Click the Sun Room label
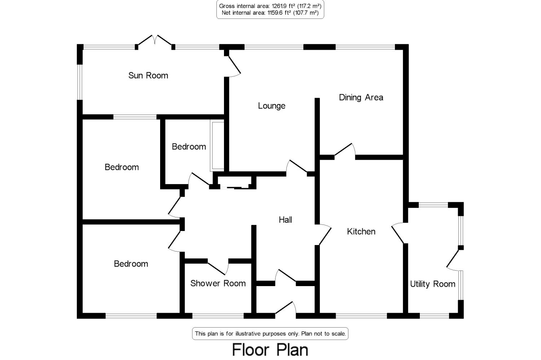[148, 76]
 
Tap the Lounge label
[272, 106]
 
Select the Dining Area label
[361, 98]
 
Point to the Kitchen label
[361, 232]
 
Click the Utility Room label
[432, 284]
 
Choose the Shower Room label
[218, 283]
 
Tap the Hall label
[285, 220]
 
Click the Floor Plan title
[270, 350]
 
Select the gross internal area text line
[270, 6]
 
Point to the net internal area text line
[270, 13]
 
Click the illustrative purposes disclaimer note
[270, 334]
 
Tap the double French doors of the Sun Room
[155, 42]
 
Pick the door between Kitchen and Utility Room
[398, 233]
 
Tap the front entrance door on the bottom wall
[286, 308]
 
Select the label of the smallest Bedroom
[189, 147]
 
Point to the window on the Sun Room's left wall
[80, 82]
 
